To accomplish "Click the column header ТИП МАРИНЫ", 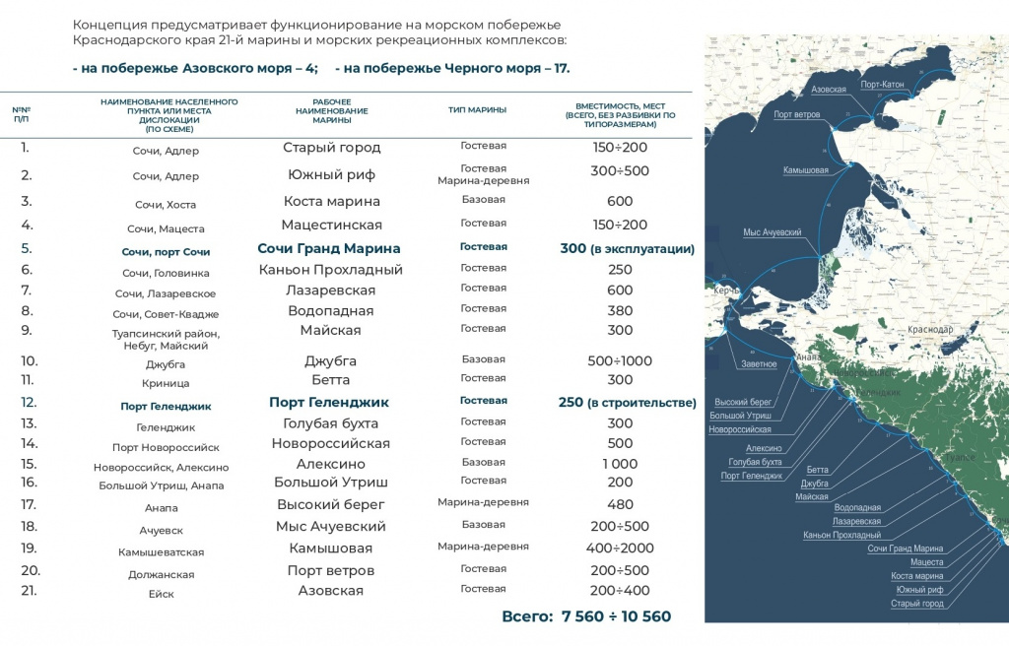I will (477, 109).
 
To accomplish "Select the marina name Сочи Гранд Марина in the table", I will (329, 248).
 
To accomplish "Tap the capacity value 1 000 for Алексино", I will (620, 464).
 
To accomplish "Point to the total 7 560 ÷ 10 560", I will (586, 616).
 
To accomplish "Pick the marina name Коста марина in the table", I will (331, 201).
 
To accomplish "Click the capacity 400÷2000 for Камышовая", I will (620, 548).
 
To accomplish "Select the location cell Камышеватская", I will (161, 552).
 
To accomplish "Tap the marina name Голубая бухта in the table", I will (331, 423).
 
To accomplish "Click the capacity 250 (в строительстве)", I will (627, 403).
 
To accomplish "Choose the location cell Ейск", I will (161, 593).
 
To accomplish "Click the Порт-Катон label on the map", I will (882, 85).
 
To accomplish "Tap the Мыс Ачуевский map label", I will (772, 232).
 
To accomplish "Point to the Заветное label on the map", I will (759, 364).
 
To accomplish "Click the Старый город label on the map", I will (916, 604).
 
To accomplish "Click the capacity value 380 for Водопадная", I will (620, 309).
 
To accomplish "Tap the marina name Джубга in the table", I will (331, 360).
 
